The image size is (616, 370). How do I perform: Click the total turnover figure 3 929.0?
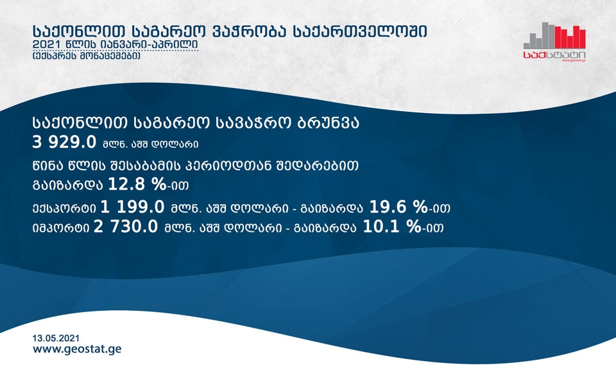point(64,142)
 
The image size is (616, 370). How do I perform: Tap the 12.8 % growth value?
point(137,184)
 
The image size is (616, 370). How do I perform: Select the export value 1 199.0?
point(132,207)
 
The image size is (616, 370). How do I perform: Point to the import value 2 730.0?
point(126,227)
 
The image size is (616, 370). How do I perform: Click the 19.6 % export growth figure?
point(398,207)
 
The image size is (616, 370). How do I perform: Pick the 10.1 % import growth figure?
point(391,227)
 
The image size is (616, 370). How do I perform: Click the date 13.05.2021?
point(56,338)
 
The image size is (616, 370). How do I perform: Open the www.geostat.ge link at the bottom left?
point(77,349)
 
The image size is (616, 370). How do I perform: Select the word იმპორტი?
point(61,228)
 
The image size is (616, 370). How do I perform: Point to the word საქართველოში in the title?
point(360,32)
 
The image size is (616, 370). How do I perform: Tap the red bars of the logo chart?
point(570,37)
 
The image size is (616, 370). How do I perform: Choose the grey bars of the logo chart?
point(539,35)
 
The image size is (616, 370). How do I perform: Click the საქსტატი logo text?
point(554,55)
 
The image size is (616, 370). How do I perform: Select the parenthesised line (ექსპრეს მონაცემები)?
point(87,57)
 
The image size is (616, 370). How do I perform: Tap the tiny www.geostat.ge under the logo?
point(574,60)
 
